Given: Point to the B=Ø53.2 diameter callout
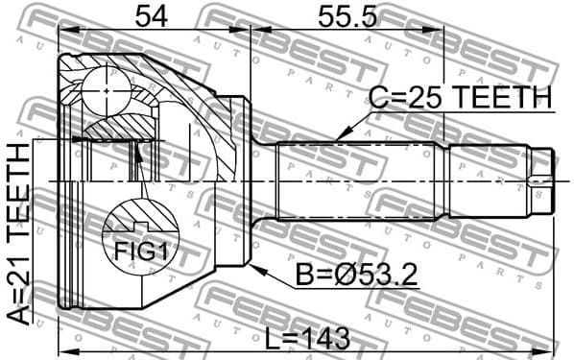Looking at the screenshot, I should click(355, 277).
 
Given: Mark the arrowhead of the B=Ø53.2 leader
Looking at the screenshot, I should click(254, 266).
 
